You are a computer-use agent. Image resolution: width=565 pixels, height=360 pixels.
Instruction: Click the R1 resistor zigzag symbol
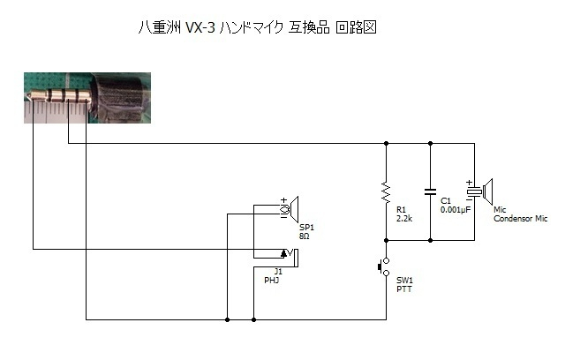pos(386,192)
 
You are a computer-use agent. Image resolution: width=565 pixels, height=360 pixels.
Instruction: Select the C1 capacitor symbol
pos(430,191)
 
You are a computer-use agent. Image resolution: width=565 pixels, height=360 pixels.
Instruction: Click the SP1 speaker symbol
pos(290,209)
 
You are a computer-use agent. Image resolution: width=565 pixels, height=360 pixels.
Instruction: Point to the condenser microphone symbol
pos(480,191)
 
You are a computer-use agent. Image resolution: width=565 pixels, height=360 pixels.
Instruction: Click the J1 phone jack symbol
pos(290,257)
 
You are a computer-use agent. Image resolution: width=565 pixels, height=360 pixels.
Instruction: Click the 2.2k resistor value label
pos(404,219)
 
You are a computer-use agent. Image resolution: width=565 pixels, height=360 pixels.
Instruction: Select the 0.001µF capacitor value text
pos(456,210)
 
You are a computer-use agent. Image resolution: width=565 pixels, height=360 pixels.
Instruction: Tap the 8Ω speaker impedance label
pos(304,236)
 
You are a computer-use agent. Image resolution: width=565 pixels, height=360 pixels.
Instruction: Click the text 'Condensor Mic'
pos(520,219)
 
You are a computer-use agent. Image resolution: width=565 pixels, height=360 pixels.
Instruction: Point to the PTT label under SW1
pos(404,289)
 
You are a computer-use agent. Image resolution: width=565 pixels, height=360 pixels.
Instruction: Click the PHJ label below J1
pos(272,280)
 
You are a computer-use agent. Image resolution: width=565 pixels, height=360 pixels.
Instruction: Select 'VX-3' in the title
pos(200,27)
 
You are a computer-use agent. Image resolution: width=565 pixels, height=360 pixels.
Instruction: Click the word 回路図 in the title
pos(356,27)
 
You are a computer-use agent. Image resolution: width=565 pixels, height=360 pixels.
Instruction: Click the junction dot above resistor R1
pos(387,143)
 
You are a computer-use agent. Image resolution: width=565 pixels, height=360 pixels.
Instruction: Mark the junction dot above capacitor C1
pos(430,143)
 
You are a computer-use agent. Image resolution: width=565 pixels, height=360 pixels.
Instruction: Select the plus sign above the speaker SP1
pos(284,199)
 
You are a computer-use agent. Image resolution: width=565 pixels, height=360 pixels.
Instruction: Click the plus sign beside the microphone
pos(469,183)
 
